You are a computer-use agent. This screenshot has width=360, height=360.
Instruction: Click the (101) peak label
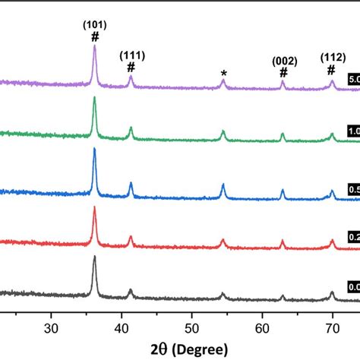[95, 24]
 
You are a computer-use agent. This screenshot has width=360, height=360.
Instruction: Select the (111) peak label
[131, 55]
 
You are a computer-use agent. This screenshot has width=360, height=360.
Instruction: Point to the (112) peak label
[331, 58]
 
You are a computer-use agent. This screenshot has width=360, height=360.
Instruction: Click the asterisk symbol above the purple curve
[223, 74]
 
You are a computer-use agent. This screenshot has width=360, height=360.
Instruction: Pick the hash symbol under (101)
[95, 36]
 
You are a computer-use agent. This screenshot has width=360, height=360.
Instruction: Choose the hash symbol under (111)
[131, 67]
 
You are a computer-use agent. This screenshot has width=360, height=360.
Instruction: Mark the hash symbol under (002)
[284, 73]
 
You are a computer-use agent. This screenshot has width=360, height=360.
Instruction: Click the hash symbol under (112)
[331, 71]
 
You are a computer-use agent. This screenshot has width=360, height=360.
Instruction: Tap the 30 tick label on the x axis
[51, 327]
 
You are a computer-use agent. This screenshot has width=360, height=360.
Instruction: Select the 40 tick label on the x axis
[122, 327]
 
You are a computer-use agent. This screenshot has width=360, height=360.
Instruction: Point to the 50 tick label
[192, 327]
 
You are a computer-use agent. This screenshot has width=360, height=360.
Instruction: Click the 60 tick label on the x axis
[263, 327]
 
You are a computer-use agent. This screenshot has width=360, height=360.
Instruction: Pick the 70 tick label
[333, 327]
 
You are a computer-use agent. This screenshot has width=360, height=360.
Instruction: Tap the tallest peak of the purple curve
[95, 47]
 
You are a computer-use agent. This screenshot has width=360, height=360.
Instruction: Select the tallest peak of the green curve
[95, 98]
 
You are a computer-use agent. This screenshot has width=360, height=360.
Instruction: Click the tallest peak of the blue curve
[95, 149]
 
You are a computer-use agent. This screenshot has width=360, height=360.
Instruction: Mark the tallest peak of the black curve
[95, 257]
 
